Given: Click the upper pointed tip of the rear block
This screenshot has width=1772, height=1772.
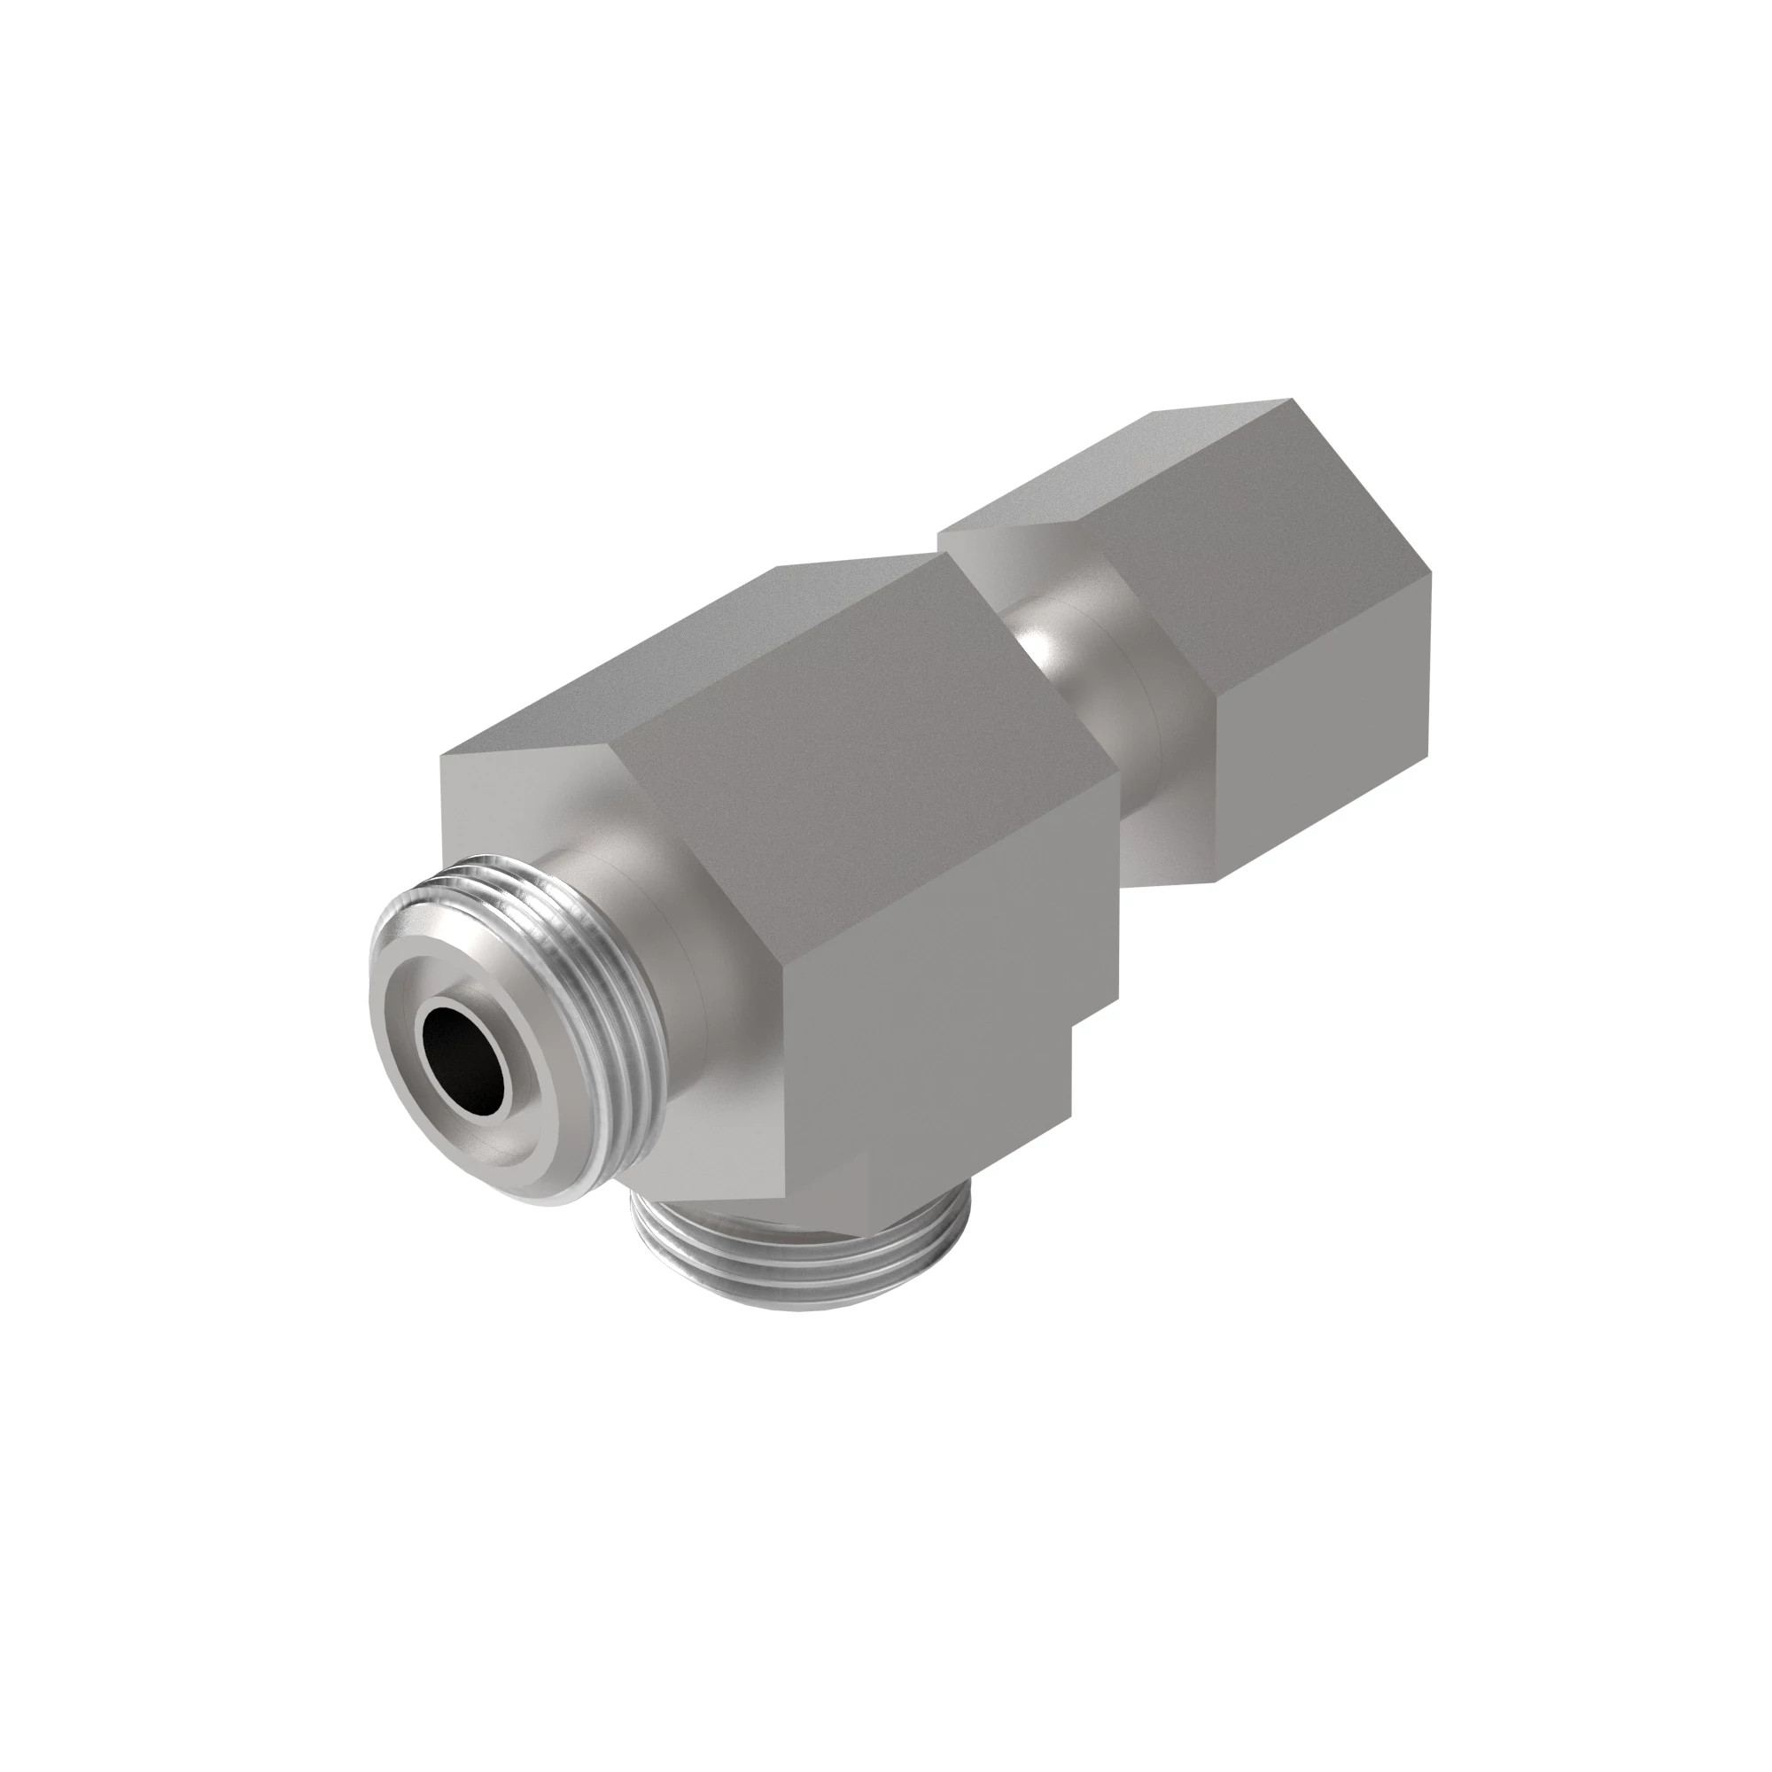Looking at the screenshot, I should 1292,400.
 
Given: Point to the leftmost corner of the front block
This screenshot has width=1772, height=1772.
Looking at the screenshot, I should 442,757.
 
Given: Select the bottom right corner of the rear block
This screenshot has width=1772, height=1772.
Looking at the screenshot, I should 1216,882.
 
